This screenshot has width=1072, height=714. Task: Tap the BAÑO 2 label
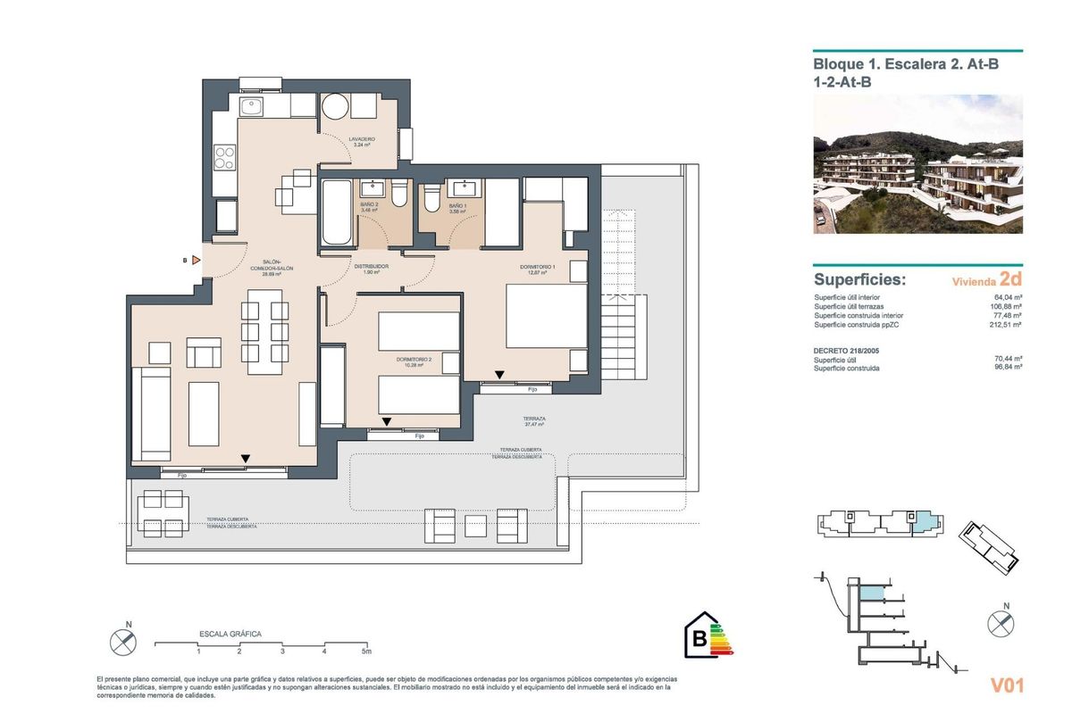click(370, 207)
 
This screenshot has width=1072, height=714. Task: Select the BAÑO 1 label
click(456, 207)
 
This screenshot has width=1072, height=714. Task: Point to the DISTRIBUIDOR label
click(370, 269)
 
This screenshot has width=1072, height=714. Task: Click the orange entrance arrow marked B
click(196, 261)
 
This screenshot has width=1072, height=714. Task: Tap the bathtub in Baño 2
click(338, 213)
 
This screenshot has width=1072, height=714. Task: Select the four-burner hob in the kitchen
click(224, 158)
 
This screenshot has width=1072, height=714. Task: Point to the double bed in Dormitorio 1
click(546, 315)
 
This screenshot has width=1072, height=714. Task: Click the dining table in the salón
click(265, 331)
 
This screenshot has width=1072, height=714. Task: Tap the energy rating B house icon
click(702, 638)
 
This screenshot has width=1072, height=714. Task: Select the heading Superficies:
click(859, 279)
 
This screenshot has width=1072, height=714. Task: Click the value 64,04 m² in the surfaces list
click(1008, 297)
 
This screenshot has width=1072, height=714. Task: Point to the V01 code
click(1007, 685)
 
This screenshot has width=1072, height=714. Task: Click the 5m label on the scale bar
click(366, 652)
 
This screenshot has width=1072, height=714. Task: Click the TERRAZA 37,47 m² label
click(535, 421)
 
